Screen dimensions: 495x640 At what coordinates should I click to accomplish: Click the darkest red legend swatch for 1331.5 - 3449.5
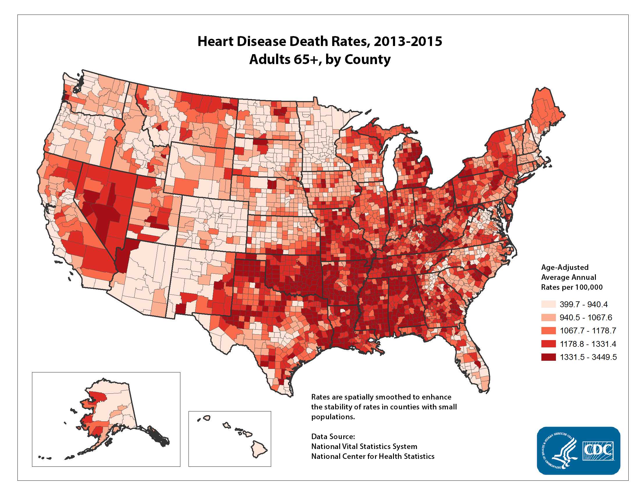548,357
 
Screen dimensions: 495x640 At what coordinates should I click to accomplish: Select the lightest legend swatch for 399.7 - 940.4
548,304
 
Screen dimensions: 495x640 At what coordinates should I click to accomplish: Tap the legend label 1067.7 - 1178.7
588,331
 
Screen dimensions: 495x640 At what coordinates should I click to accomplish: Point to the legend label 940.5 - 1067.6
586,317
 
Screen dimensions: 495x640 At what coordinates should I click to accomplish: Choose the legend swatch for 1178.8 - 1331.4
548,344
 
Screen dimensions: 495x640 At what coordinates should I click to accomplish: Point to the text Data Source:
333,437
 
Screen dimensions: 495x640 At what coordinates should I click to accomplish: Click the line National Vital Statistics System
364,447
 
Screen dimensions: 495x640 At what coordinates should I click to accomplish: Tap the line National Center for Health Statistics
372,457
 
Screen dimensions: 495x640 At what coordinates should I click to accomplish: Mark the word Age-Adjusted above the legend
565,267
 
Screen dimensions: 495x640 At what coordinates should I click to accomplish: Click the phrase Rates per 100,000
571,287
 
